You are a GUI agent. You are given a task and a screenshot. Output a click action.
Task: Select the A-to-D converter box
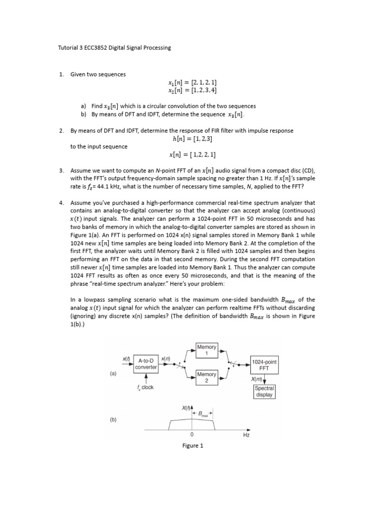[x=146, y=363]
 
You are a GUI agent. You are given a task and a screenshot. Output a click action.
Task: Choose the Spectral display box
[x=264, y=392]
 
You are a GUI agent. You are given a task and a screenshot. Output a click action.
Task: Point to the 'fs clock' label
[x=145, y=387]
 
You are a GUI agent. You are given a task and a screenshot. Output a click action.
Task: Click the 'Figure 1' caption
[x=192, y=446]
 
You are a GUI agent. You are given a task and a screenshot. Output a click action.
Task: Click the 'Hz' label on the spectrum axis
[x=246, y=435]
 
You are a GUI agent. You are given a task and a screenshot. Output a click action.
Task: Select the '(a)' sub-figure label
[x=113, y=374]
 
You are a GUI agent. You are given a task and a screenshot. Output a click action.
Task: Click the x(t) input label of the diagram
[x=126, y=358]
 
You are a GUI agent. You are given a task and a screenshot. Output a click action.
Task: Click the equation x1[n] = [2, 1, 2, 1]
[x=192, y=82]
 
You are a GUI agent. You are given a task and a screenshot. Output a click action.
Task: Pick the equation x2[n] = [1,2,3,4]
[x=192, y=90]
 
